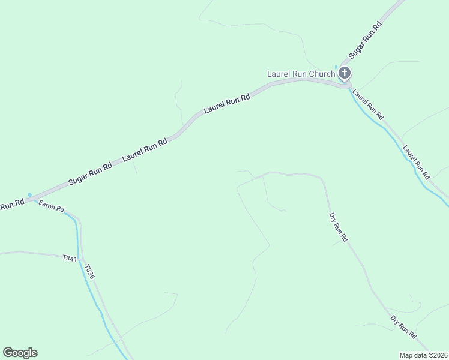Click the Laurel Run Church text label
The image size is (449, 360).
[301, 74]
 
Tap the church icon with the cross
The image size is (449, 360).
[345, 74]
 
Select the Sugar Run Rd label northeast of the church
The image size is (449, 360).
[366, 40]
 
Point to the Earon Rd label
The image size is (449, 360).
[52, 206]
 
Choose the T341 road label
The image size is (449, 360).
[70, 257]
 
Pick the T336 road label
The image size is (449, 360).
[89, 272]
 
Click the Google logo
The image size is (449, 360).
[20, 353]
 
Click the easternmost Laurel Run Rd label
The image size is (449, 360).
[417, 162]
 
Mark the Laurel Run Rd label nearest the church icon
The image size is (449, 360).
[367, 104]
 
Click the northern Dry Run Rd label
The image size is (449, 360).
[338, 227]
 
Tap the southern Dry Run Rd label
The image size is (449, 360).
[403, 327]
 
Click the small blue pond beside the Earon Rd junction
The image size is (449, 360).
[29, 194]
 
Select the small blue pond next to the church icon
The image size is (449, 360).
[336, 67]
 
